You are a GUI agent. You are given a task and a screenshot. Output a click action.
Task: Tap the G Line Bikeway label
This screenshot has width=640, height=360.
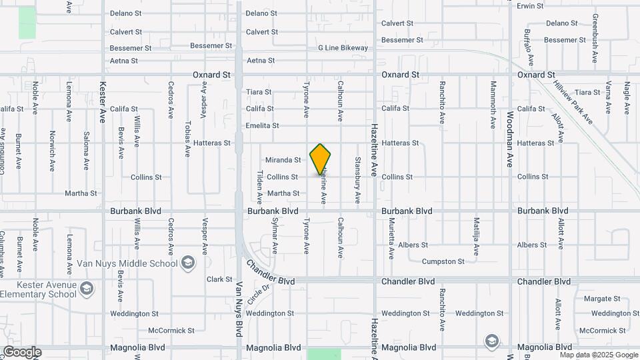[343, 48]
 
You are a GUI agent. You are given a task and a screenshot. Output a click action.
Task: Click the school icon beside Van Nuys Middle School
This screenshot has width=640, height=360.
[187, 263]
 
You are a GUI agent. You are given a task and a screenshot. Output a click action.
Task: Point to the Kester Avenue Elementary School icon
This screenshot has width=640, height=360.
[86, 288]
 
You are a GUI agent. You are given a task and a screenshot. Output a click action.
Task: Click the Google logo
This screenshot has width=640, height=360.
[21, 351]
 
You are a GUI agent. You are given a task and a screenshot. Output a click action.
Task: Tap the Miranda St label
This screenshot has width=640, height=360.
[283, 160]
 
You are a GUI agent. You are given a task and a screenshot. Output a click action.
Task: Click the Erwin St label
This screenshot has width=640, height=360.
[531, 6]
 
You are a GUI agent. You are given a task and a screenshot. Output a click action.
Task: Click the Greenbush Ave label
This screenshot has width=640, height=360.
[595, 41]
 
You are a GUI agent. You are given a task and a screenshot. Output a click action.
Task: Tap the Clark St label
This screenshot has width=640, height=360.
[219, 279]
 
